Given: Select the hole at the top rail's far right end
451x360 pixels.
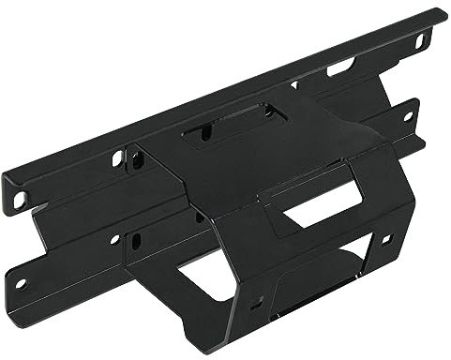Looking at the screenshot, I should pos(422,40).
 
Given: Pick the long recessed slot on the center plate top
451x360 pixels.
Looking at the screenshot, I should pos(225,127).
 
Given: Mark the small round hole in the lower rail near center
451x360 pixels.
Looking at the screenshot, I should pos(114,240).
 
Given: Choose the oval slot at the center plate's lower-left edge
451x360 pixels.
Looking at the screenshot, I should pos(137,241).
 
